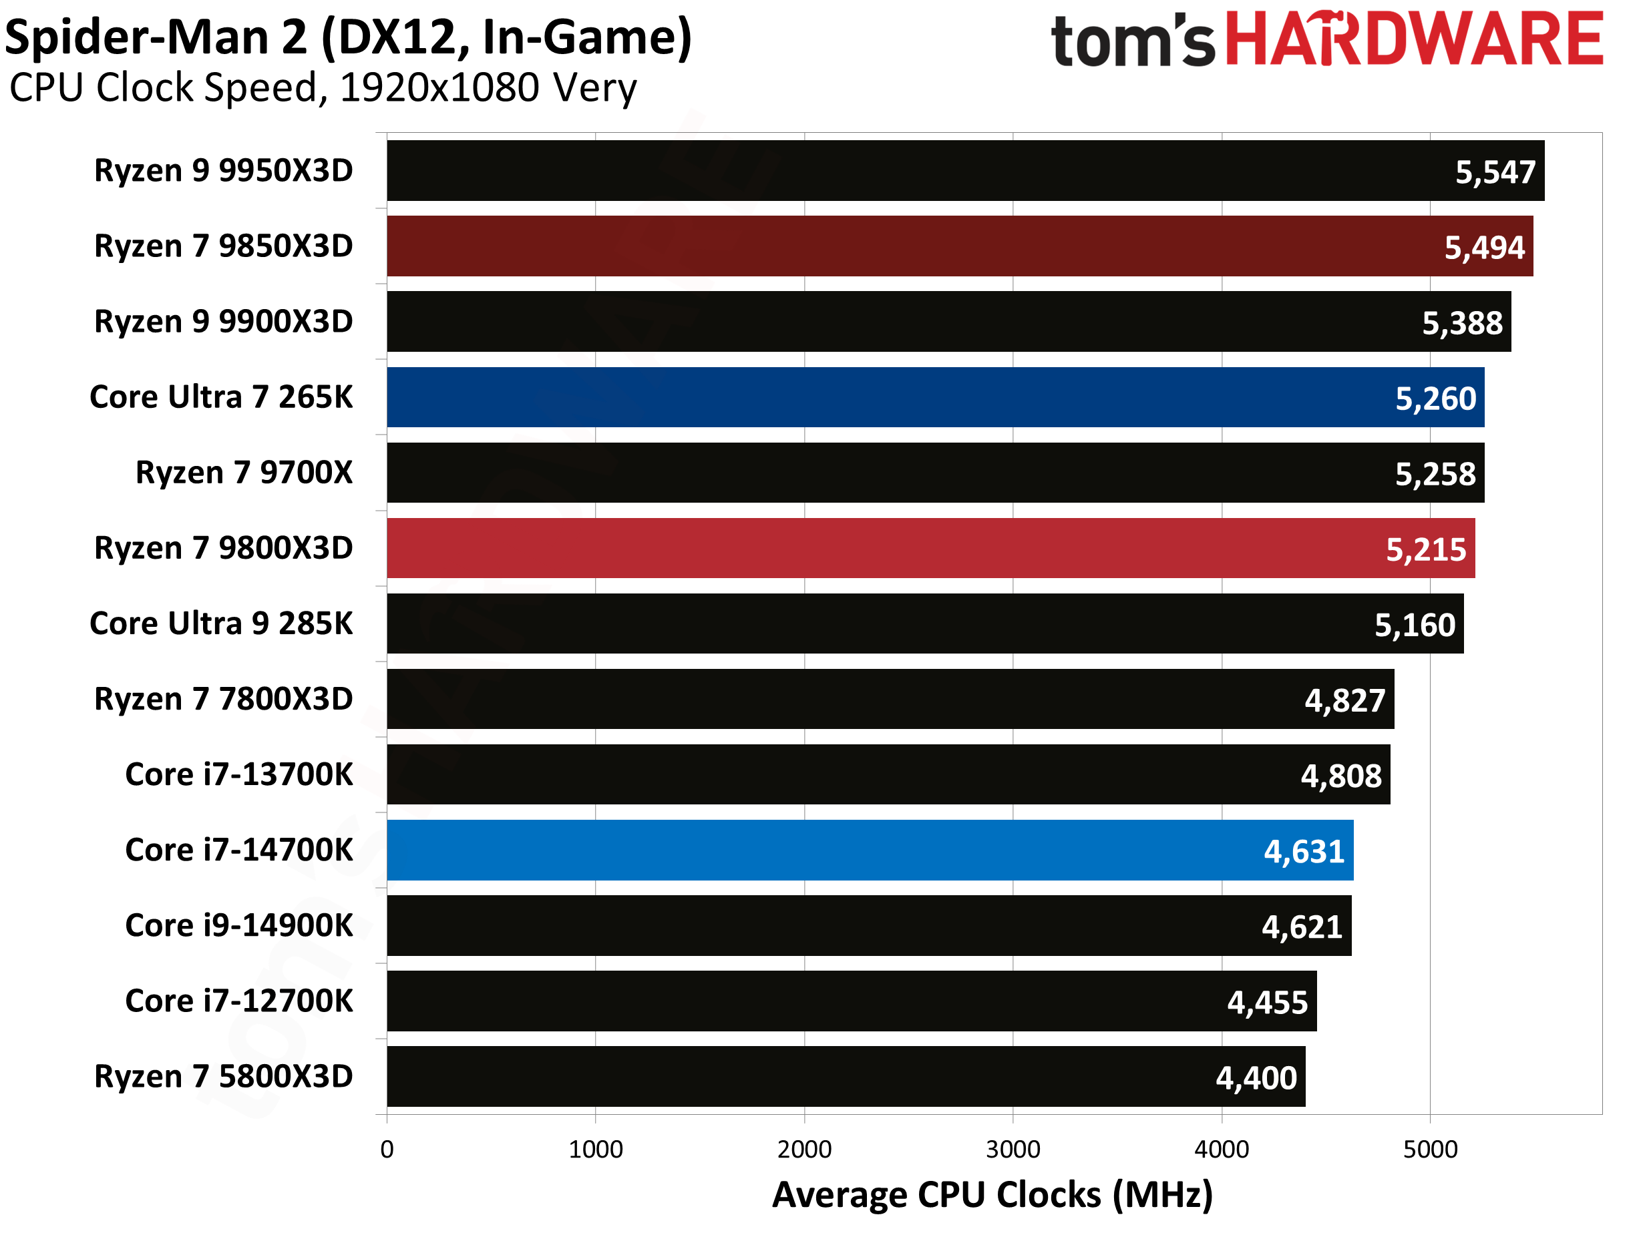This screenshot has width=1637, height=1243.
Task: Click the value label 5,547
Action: pos(1495,172)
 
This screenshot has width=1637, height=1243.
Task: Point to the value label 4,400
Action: pos(1256,1078)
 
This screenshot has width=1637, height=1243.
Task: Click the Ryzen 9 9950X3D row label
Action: pos(224,171)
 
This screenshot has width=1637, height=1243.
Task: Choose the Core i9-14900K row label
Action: pos(239,926)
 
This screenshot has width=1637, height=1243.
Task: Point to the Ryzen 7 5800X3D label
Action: pos(224,1077)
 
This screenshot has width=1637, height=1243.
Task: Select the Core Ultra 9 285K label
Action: pos(221,624)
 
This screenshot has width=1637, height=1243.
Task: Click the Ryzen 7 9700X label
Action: pos(244,473)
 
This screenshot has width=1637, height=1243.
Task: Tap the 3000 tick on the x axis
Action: pos(1013,1149)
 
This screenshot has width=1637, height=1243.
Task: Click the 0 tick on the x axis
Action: pos(387,1149)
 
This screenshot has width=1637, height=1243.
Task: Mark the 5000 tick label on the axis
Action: pos(1430,1149)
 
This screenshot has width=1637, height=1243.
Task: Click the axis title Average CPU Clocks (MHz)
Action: pos(992,1195)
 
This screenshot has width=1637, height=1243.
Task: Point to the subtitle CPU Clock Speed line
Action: pos(323,88)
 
